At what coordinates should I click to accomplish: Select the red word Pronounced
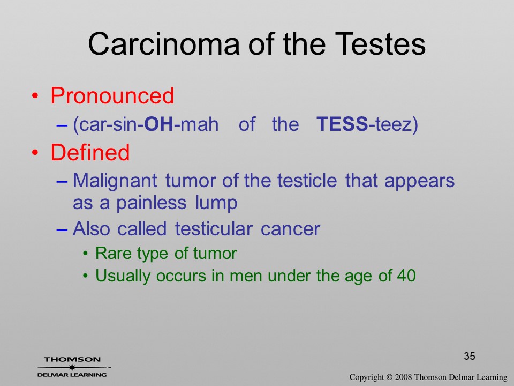[112, 96]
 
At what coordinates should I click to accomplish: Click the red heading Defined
[90, 152]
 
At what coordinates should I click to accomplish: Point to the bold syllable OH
[158, 124]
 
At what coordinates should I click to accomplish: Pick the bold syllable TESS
[342, 124]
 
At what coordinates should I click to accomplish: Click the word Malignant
[115, 181]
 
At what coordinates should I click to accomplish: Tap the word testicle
[307, 180]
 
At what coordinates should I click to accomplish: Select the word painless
[152, 203]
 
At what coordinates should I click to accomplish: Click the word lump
[216, 203]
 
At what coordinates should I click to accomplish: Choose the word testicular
[214, 228]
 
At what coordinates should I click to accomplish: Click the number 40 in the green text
[406, 276]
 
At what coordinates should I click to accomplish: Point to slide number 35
[470, 356]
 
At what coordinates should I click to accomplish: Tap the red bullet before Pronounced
[35, 96]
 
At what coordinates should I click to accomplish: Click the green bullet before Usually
[85, 276]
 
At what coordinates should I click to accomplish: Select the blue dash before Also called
[62, 229]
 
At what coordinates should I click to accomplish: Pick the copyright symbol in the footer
[389, 377]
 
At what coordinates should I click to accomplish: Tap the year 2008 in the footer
[403, 377]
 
